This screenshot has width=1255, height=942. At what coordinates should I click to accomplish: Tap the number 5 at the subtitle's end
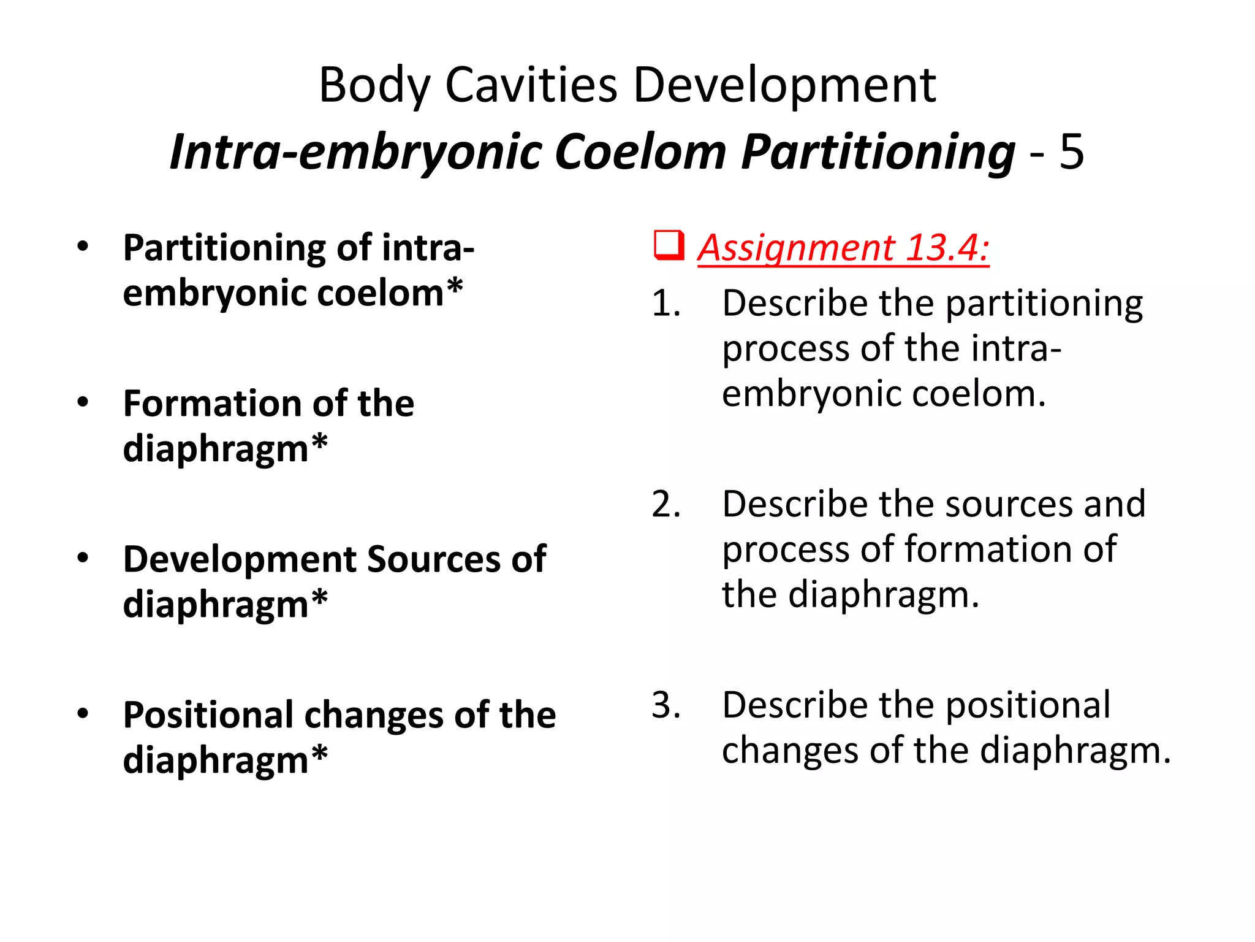pos(1071,151)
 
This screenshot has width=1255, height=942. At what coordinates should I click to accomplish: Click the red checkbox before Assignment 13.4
pos(669,245)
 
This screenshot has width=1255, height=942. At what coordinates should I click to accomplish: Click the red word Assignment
pos(797,248)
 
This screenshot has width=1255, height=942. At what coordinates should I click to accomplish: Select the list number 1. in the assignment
pos(666,304)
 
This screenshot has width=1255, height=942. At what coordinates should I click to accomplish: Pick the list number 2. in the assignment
pos(666,504)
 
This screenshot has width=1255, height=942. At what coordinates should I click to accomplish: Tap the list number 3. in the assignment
pos(666,705)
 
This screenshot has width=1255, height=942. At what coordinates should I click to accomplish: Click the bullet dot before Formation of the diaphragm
pos(83,402)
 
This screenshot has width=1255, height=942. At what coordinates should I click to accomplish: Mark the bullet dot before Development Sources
pos(83,558)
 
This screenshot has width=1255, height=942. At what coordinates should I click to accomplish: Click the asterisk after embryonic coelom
pos(454,287)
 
